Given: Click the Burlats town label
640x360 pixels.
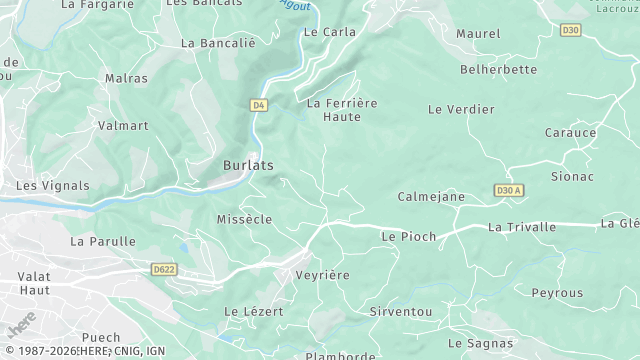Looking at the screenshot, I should pyautogui.click(x=248, y=165).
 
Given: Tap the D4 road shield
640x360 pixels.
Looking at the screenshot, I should pyautogui.click(x=259, y=105).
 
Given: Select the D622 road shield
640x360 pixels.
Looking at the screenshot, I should pyautogui.click(x=164, y=269).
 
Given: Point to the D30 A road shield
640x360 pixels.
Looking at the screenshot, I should pyautogui.click(x=509, y=190).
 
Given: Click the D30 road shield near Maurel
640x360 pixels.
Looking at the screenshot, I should pyautogui.click(x=570, y=30).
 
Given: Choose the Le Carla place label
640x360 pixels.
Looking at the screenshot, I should pyautogui.click(x=329, y=32).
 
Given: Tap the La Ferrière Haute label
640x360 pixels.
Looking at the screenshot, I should pyautogui.click(x=341, y=109).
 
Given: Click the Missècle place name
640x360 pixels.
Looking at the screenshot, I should pyautogui.click(x=244, y=219).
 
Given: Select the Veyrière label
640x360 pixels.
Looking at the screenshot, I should pyautogui.click(x=322, y=274).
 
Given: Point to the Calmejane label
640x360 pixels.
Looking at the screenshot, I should pyautogui.click(x=431, y=197).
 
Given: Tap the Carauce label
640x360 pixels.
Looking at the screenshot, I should pyautogui.click(x=570, y=133).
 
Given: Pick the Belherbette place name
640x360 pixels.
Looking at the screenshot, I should pyautogui.click(x=498, y=70).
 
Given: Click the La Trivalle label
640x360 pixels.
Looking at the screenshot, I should pyautogui.click(x=522, y=227).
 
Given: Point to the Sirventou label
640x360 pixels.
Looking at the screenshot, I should pyautogui.click(x=400, y=312).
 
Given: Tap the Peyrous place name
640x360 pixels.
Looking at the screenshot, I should pyautogui.click(x=557, y=293).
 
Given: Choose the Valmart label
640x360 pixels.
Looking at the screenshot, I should pyautogui.click(x=123, y=126).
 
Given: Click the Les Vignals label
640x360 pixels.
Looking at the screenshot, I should pyautogui.click(x=53, y=186).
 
